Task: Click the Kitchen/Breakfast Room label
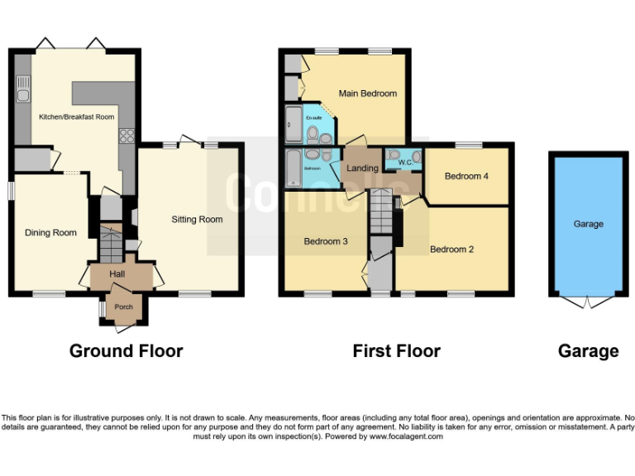pos(76,117)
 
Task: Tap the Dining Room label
pos(50,233)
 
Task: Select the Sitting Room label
pos(197,220)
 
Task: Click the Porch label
pos(123,307)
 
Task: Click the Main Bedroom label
pos(367,93)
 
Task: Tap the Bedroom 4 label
pos(466,176)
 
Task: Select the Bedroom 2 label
pos(451,249)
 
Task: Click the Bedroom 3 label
pos(325,242)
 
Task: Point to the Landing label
pos(362,169)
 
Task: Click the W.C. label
pos(405,162)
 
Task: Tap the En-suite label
pos(313,118)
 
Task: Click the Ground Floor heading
pos(126,351)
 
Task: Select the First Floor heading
pos(396,351)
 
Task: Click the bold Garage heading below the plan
pos(588,351)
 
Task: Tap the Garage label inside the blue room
pos(589,224)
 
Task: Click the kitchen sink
pos(22,89)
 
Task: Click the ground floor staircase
pos(110,244)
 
